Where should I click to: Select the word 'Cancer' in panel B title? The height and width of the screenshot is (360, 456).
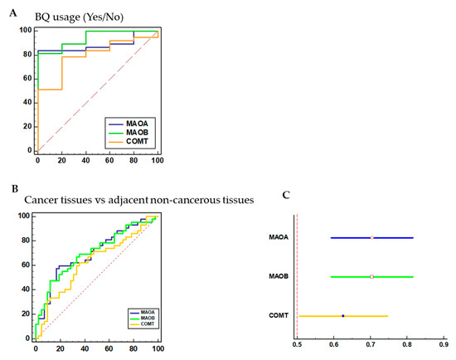43,201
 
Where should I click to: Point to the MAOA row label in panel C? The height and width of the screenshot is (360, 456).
279,238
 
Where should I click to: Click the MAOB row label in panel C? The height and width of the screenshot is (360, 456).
279,276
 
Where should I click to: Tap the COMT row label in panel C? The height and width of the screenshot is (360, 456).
279,316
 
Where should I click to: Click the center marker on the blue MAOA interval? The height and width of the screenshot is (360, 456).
372,237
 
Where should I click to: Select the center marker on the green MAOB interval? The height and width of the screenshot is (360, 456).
372,276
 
